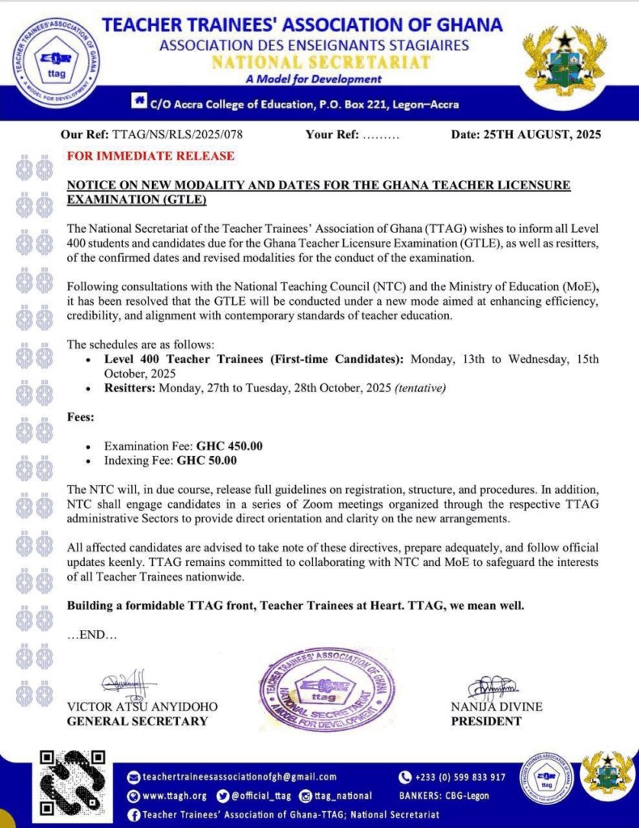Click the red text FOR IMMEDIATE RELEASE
(x=150, y=155)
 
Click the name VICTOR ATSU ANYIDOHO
(x=142, y=707)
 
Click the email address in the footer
(x=231, y=777)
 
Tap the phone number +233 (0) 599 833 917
(x=459, y=777)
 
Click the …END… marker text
(x=91, y=636)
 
